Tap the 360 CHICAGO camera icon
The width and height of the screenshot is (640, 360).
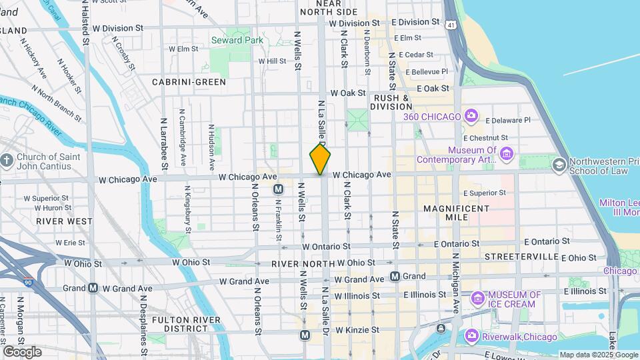[x=471, y=117]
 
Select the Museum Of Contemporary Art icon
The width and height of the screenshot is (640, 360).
[x=506, y=155]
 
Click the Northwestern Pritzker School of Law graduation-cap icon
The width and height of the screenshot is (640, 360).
[x=559, y=165]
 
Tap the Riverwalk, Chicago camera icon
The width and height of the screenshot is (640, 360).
[x=471, y=335]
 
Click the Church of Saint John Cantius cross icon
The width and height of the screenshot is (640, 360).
[x=7, y=161]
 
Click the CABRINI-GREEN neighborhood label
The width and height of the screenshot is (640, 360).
[x=189, y=82]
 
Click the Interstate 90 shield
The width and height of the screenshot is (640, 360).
[x=27, y=283]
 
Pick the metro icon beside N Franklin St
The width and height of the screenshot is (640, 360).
[x=279, y=189]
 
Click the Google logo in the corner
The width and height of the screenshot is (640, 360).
[x=21, y=351]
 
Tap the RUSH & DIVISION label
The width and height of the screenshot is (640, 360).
[x=391, y=101]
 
